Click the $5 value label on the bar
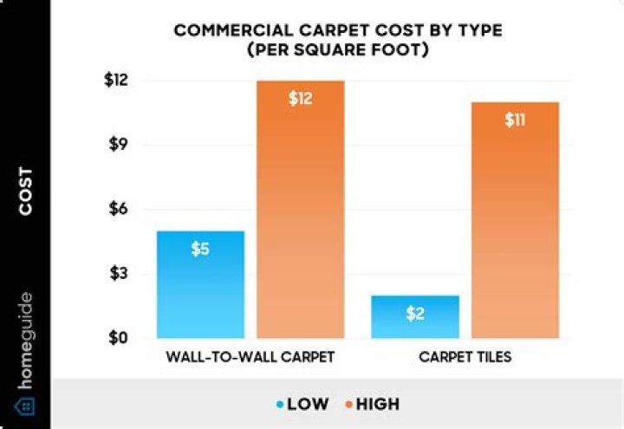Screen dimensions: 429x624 pos(200,249)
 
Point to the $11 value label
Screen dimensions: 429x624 pos(515,120)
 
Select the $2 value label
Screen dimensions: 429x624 pos(415,314)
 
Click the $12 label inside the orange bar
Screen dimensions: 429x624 pos(301,98)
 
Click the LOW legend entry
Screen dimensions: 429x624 pos(303,404)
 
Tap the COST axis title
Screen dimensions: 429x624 pos(25,192)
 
